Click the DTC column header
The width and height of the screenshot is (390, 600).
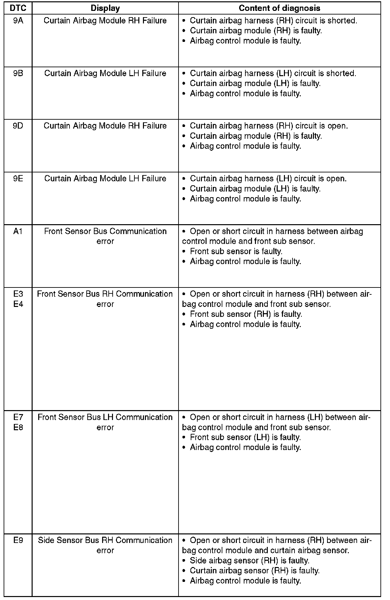pos(18,8)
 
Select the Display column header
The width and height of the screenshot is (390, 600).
pos(105,8)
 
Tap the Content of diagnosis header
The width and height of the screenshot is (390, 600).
pos(279,8)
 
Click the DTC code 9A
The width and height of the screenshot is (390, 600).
pos(18,21)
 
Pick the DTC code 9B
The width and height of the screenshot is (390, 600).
pos(18,74)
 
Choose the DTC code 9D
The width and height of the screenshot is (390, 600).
pos(18,126)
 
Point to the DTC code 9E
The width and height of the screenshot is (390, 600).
pos(18,179)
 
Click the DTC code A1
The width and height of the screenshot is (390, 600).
pos(18,231)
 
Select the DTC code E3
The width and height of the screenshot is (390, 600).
pos(18,294)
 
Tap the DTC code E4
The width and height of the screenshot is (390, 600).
pos(18,304)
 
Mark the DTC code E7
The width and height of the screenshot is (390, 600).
pos(18,417)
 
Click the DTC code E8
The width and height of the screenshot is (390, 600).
pos(18,427)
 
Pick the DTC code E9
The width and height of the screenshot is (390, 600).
pos(18,540)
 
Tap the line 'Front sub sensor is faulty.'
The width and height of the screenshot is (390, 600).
pos(236,252)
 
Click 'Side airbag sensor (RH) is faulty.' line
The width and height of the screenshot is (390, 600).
pos(249,560)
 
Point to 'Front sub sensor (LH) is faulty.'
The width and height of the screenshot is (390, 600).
pos(245,437)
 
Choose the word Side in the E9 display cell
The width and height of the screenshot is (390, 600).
pos(46,540)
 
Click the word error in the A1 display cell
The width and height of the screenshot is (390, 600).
pos(105,241)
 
